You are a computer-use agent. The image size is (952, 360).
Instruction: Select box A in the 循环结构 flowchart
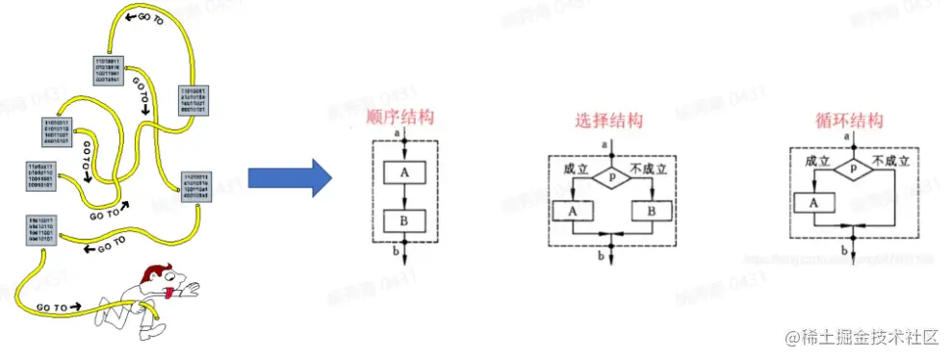click(x=814, y=203)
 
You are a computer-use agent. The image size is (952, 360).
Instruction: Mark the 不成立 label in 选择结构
click(x=649, y=168)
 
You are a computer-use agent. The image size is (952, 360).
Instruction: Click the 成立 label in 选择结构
click(x=576, y=168)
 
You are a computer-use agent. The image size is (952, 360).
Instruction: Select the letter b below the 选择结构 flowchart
click(x=601, y=255)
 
